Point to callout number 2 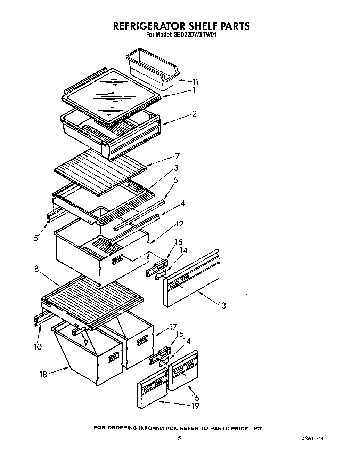click(x=194, y=114)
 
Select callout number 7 click(x=177, y=156)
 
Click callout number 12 click(x=179, y=224)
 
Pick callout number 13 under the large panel click(x=222, y=305)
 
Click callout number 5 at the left click(x=36, y=239)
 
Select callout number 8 click(x=36, y=269)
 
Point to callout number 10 click(x=38, y=346)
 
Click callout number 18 click(x=43, y=375)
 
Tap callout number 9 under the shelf click(x=85, y=342)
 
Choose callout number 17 click(x=173, y=327)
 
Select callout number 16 click(x=195, y=398)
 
